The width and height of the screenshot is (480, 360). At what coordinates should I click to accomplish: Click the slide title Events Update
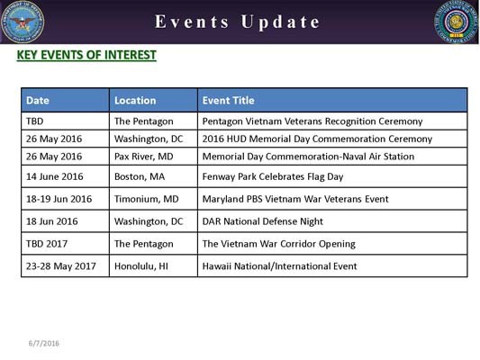238,22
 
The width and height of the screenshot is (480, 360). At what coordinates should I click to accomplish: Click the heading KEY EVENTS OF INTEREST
86,56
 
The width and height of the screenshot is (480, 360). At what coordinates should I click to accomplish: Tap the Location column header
135,101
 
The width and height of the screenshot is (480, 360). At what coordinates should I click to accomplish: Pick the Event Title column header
229,101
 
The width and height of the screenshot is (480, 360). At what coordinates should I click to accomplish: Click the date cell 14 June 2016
54,176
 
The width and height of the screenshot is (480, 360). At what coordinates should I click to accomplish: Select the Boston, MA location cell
140,176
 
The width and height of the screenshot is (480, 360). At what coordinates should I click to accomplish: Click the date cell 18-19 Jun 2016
59,199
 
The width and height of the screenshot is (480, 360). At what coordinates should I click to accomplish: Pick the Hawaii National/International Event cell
279,266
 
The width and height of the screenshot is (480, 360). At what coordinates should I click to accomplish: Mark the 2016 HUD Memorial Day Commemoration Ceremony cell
317,139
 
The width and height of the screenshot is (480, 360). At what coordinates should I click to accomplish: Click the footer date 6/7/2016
42,343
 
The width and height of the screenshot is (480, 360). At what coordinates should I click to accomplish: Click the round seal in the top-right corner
457,22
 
